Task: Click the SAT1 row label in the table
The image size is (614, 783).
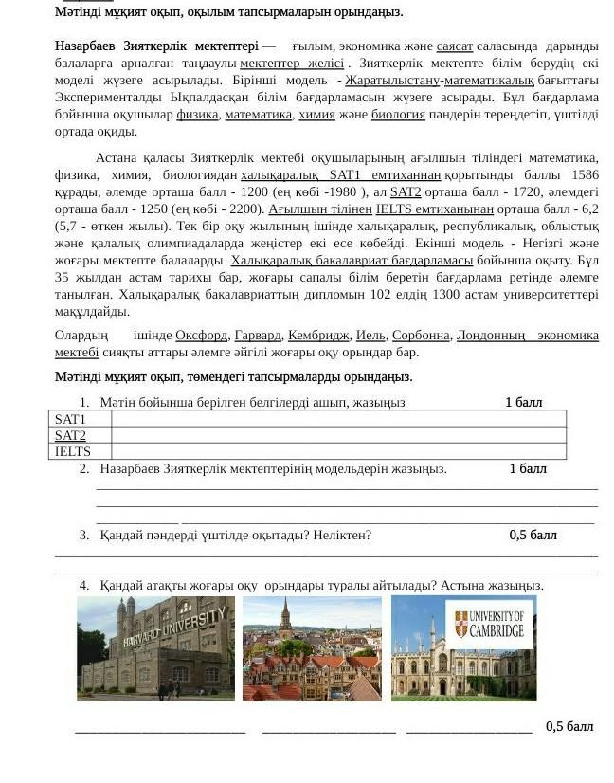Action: pyautogui.click(x=70, y=419)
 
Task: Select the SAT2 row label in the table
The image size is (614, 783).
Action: pyautogui.click(x=70, y=435)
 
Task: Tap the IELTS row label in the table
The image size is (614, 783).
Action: pyautogui.click(x=73, y=451)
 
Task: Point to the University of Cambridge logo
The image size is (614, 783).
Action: pyautogui.click(x=489, y=624)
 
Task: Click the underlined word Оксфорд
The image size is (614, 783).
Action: pyautogui.click(x=201, y=336)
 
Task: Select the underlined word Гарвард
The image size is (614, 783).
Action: pyautogui.click(x=258, y=336)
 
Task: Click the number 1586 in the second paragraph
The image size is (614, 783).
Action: pyautogui.click(x=585, y=175)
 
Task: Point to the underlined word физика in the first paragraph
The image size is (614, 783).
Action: pyautogui.click(x=197, y=115)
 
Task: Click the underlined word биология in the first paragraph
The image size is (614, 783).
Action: pyautogui.click(x=398, y=115)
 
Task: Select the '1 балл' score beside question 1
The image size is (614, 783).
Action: pyautogui.click(x=523, y=402)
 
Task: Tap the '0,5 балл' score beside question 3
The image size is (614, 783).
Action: pyautogui.click(x=533, y=535)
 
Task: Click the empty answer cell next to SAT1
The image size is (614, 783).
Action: pyautogui.click(x=337, y=419)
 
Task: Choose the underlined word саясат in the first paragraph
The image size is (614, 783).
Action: pyautogui.click(x=455, y=46)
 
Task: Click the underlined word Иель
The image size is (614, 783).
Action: pyautogui.click(x=370, y=336)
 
